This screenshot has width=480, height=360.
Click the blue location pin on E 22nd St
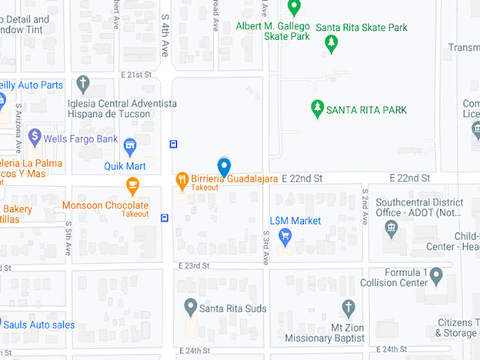224,166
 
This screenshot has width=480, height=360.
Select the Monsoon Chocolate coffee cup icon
133,186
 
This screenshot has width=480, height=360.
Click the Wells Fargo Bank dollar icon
34,137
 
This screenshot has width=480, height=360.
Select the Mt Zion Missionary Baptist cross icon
348,308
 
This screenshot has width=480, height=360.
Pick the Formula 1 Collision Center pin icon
436,275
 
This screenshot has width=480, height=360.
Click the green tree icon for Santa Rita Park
317,108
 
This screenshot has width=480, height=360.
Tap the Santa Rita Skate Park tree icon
332,44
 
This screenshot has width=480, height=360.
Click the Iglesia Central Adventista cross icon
83,84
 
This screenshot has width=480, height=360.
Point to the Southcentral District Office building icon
392,228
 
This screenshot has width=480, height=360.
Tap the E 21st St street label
136,75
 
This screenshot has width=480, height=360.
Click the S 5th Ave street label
68,235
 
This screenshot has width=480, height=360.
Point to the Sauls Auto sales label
42,325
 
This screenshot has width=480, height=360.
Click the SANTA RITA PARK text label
366,109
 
